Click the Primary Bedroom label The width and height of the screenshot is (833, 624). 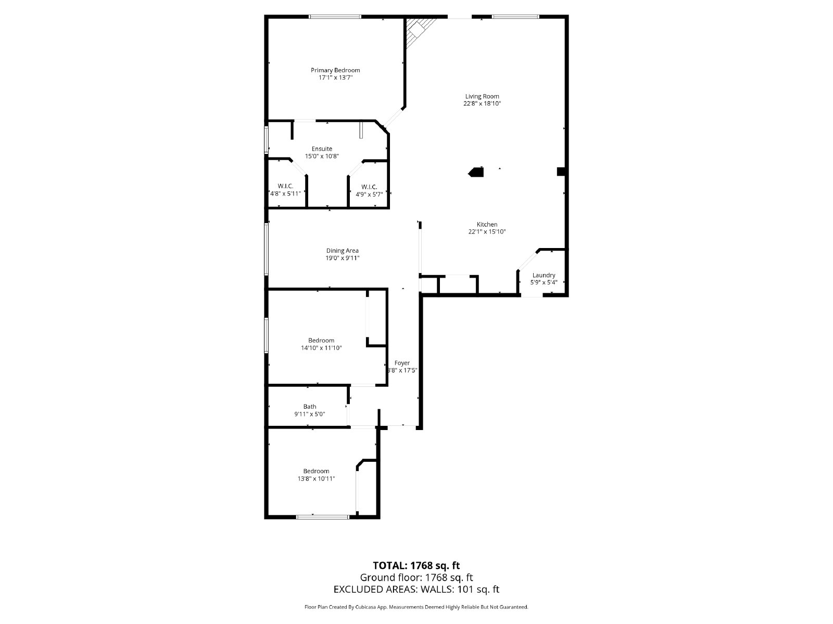tap(335, 70)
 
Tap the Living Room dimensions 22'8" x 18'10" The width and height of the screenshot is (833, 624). tap(482, 103)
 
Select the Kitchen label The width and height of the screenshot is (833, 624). tap(487, 225)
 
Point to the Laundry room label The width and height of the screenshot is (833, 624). tap(544, 275)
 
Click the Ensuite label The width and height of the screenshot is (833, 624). tap(322, 149)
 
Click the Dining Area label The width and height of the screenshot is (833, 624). tap(342, 251)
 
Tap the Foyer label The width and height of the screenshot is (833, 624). tap(402, 363)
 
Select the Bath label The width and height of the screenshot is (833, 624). tap(310, 407)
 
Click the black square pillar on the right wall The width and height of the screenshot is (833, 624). tap(561, 171)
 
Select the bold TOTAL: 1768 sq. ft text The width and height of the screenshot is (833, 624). tap(416, 565)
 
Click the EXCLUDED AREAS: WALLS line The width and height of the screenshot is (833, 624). tap(416, 589)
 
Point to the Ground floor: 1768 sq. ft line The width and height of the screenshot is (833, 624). tap(416, 577)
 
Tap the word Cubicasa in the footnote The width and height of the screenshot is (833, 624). tap(371, 607)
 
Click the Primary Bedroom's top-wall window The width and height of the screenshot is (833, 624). tap(335, 17)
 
